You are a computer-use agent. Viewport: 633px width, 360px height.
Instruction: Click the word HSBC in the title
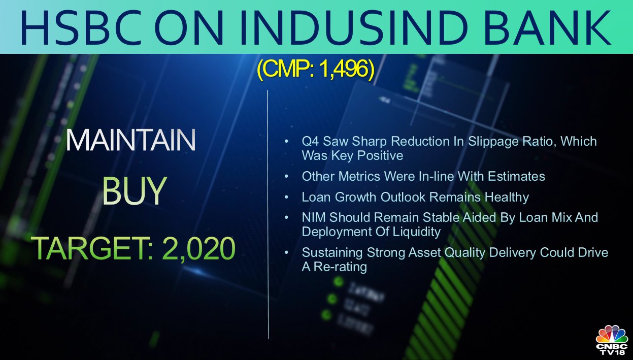[81, 28]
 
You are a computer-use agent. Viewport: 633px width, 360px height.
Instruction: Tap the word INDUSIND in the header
[353, 28]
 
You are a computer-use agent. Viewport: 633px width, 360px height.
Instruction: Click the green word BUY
[135, 190]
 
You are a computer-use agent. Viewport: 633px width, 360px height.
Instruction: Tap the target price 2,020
[198, 249]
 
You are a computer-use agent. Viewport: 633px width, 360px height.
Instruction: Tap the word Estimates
[516, 176]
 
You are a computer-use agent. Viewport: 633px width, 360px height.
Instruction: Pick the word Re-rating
[340, 267]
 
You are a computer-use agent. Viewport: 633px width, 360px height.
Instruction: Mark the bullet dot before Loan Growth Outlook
[286, 197]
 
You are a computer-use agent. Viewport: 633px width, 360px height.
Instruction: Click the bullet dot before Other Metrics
[286, 176]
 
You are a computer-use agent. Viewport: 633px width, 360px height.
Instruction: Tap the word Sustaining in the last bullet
[332, 253]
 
